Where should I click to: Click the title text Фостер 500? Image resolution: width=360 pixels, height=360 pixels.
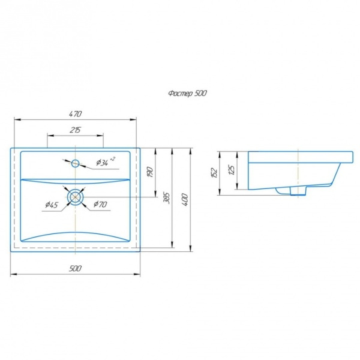coord(187,94)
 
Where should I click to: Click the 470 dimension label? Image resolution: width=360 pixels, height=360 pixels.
coord(76,114)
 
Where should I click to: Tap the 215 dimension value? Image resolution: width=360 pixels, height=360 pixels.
coord(75,130)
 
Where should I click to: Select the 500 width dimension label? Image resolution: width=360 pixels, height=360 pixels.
coord(75,268)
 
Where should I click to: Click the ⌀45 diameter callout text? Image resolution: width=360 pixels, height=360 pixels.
coord(52,205)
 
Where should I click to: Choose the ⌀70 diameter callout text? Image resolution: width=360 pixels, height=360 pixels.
coord(100,204)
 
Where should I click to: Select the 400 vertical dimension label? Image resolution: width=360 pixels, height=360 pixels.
coord(185,200)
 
